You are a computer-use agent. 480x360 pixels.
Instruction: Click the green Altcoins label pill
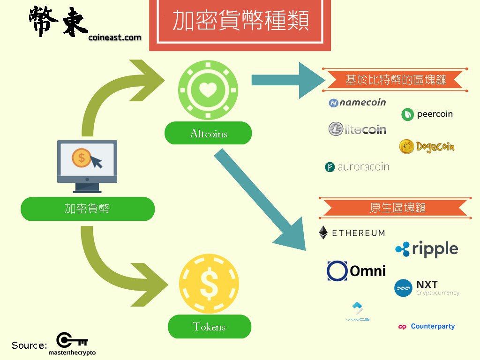point(208,134)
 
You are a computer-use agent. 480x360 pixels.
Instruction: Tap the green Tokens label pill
point(209,327)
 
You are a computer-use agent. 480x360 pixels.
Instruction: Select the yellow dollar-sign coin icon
point(209,284)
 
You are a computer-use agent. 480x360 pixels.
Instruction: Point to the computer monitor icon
point(87,165)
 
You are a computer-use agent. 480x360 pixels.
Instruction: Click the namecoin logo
point(357,103)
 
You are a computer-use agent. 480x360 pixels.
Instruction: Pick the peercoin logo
point(427,114)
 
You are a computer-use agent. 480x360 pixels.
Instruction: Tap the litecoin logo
point(357,129)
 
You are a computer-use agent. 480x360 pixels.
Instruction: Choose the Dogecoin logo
point(427,147)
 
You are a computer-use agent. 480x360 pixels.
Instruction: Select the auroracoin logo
point(357,167)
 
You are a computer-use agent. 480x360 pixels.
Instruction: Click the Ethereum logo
point(352,232)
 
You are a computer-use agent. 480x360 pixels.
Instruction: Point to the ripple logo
point(426,249)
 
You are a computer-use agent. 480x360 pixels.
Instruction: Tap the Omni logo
point(356,270)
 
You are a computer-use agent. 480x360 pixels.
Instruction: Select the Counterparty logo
point(426,326)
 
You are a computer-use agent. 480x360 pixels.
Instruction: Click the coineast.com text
point(114,37)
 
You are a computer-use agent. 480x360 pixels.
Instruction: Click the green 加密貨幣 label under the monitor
point(88,209)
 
